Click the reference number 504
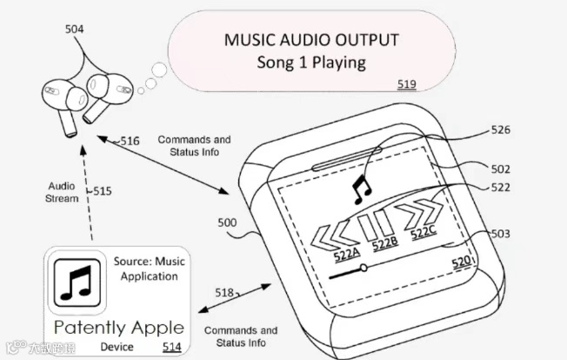(76, 30)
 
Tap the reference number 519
(406, 84)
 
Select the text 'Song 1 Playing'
(311, 63)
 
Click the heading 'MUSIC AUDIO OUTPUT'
(311, 40)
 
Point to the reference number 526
(500, 130)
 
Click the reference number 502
(500, 169)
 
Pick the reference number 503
(500, 234)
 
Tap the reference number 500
(227, 223)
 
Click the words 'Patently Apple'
(119, 327)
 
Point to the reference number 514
(171, 346)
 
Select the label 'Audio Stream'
(62, 192)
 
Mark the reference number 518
(224, 294)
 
